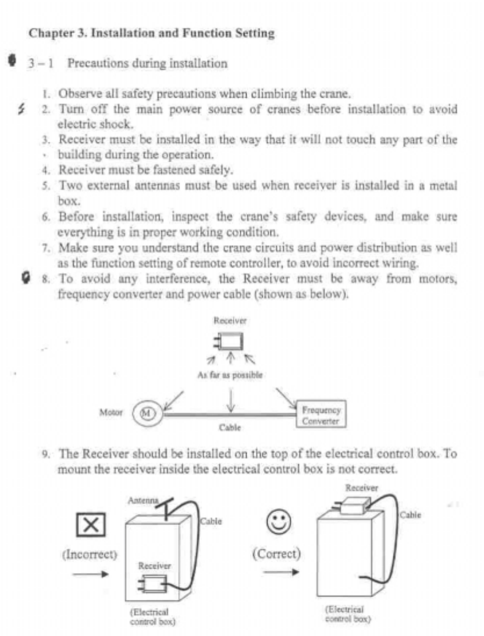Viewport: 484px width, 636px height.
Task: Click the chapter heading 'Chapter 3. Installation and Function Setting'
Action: tap(151, 33)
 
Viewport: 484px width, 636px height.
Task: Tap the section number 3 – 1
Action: tap(40, 63)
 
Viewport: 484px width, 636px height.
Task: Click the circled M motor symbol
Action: tap(147, 413)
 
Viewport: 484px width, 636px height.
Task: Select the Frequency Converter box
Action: tap(321, 414)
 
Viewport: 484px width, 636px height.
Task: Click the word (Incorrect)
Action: tap(90, 554)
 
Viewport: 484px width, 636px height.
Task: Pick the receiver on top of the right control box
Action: tap(355, 506)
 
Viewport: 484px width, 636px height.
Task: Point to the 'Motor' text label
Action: tap(112, 413)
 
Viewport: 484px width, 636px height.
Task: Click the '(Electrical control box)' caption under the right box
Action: tap(347, 614)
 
